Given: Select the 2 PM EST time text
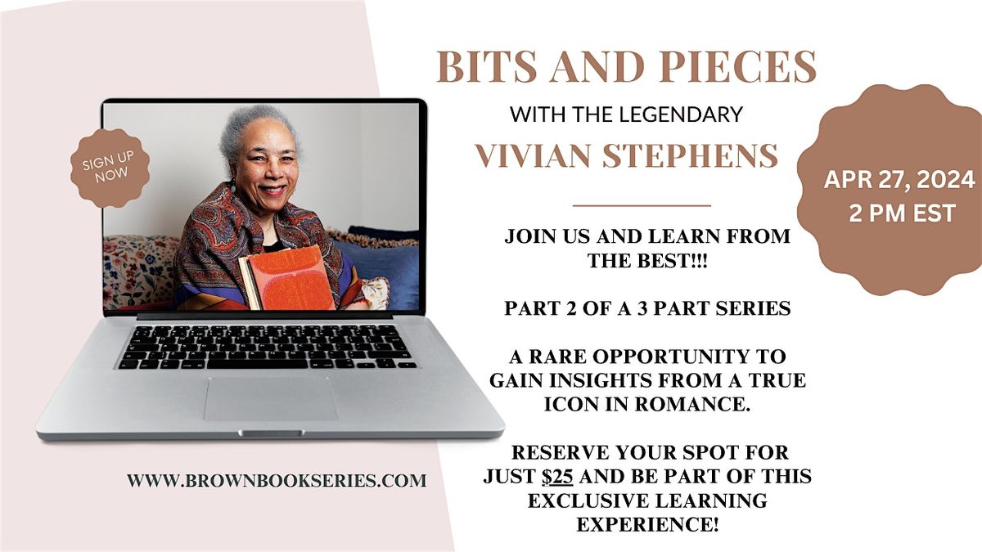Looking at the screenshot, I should pos(889,214).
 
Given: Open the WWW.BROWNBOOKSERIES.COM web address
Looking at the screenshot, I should pos(277,481).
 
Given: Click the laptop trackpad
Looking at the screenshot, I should pos(271,397).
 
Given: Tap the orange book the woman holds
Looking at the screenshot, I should pos(290,278).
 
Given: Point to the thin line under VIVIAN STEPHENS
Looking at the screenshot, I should pos(642,205).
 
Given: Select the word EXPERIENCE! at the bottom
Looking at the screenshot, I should pos(647,524).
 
